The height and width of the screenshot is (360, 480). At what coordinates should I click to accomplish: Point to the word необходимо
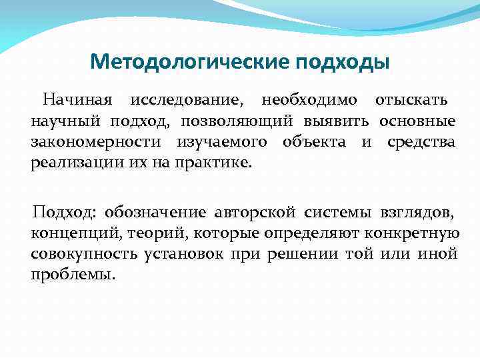[x=308, y=101]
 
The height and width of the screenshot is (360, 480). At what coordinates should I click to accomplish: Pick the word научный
[x=64, y=121]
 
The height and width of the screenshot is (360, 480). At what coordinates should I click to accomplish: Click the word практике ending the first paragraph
[x=217, y=162]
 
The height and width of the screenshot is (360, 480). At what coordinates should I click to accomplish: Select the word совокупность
[x=83, y=254]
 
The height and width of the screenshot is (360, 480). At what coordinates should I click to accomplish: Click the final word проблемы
[x=73, y=274]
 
